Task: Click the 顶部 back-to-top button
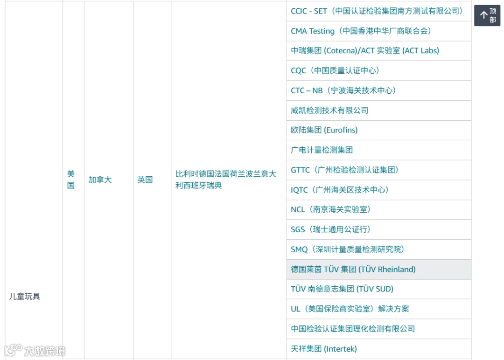click(x=487, y=15)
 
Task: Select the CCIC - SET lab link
click(x=377, y=11)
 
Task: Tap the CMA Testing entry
click(x=360, y=31)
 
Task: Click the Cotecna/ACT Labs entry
click(x=364, y=51)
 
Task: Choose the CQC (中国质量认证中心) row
click(x=335, y=71)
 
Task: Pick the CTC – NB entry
click(x=343, y=90)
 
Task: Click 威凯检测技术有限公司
click(x=329, y=111)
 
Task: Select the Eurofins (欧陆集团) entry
click(x=324, y=130)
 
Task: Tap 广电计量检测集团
click(x=322, y=150)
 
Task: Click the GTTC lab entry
click(x=344, y=170)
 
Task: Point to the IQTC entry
click(x=339, y=190)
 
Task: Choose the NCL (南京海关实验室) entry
click(x=330, y=210)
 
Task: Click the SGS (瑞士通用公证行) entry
click(x=330, y=229)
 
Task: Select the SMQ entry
click(x=347, y=249)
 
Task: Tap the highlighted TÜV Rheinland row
click(x=353, y=270)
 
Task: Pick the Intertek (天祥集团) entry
click(x=323, y=349)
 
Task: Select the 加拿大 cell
click(x=100, y=180)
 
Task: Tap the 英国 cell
click(x=145, y=180)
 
